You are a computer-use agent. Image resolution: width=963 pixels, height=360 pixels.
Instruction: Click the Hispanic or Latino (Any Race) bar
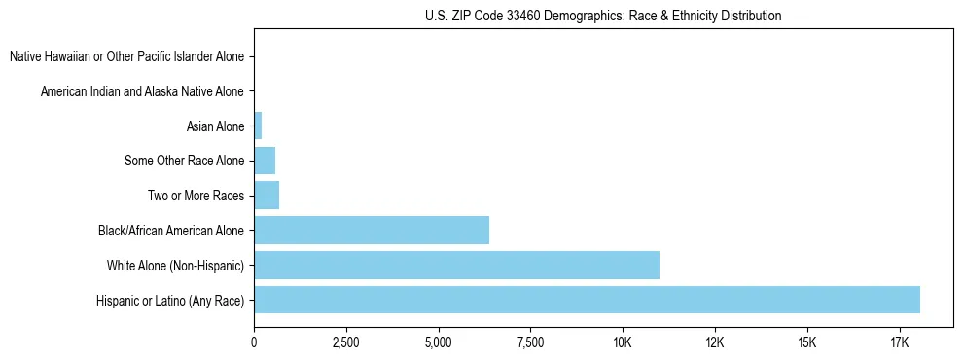pos(587,300)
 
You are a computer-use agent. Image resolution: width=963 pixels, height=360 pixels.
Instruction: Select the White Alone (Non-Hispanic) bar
pos(456,265)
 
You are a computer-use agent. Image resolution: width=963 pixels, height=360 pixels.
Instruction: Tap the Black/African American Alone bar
pos(372,231)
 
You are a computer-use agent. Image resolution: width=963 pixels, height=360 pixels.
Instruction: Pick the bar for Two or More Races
pos(267,196)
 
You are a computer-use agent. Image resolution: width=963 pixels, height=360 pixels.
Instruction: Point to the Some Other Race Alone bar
pos(265,161)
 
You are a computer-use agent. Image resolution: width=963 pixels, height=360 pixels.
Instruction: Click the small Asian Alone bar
pos(258,126)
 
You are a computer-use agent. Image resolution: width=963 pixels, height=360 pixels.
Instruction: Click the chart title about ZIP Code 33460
pos(603,16)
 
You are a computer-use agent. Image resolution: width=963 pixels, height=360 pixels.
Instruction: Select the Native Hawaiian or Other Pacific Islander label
pos(126,56)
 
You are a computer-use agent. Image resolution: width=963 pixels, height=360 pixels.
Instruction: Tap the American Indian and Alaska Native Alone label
pos(142,91)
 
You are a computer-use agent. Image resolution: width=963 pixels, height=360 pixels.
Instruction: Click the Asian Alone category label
pos(215,126)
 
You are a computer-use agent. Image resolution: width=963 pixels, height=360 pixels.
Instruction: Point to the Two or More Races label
pos(196,196)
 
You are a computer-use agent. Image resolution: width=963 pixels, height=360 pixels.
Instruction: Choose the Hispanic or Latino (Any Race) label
pos(170,300)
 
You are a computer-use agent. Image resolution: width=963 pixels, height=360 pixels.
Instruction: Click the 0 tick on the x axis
pos(254,342)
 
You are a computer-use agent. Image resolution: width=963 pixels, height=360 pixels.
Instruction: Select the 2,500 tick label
pos(346,342)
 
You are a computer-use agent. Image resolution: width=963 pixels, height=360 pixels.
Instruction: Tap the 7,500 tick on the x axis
pos(530,342)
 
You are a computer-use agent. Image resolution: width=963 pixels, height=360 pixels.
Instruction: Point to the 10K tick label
pos(623,342)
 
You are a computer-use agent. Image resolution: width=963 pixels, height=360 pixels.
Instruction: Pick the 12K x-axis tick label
pos(715,342)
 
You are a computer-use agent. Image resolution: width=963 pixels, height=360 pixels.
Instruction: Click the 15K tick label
pos(806,342)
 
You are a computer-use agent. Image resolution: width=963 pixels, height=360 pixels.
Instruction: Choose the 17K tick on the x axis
pos(899,342)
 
